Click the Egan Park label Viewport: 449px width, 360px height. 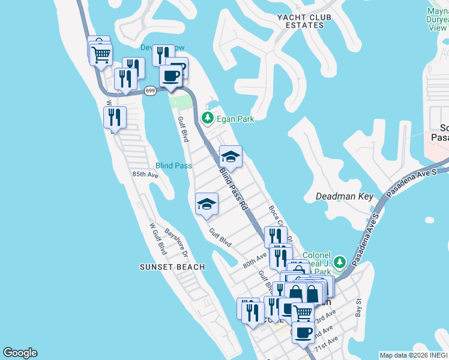coord(235,119)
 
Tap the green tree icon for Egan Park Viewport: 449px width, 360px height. coord(208,118)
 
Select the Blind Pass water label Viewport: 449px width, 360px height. coord(173,166)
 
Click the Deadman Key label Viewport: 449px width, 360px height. coord(345,196)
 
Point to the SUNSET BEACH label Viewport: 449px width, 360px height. coord(172,267)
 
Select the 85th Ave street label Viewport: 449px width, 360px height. coord(145,175)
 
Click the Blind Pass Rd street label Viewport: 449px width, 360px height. coord(233,187)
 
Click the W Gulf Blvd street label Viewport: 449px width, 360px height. coord(158,239)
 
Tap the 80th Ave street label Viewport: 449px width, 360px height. coord(254,261)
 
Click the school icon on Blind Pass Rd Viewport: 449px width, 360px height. coord(231,157)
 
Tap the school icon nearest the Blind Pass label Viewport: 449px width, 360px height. coord(206,203)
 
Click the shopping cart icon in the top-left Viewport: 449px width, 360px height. coord(101,55)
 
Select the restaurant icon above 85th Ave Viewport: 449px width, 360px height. coord(115,117)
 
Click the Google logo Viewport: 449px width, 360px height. coord(20,353)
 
